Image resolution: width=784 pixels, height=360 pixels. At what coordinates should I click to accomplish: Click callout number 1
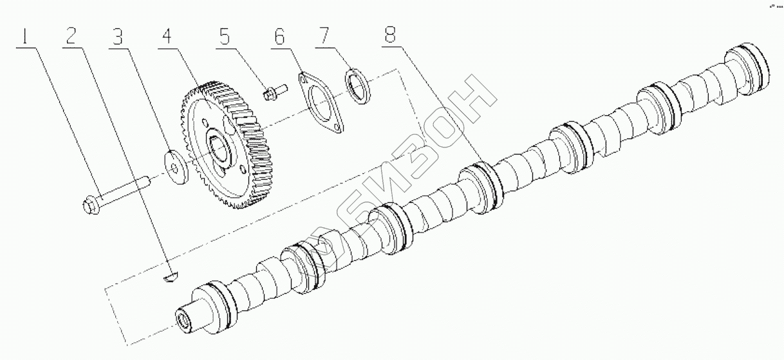[x=26, y=37]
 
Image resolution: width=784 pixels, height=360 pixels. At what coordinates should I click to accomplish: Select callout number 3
[x=118, y=37]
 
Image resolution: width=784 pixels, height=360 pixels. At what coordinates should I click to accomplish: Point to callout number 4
[x=166, y=37]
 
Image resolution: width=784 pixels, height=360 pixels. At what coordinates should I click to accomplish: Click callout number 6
[x=278, y=37]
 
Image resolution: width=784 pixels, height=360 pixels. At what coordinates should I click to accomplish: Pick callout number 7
[x=322, y=37]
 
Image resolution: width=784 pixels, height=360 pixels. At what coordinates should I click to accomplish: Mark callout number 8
[x=390, y=37]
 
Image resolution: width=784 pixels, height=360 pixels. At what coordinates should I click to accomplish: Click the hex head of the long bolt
[x=91, y=205]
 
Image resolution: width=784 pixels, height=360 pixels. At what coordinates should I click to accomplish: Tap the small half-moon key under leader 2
[x=170, y=277]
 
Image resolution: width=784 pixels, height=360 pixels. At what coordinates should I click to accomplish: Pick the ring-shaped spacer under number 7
[x=358, y=84]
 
